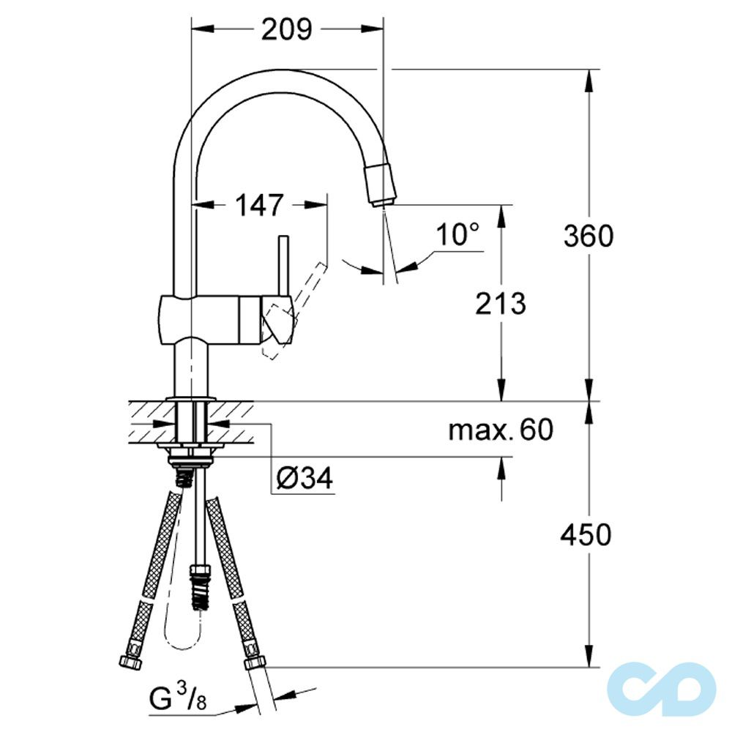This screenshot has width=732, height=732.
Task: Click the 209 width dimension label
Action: [286, 29]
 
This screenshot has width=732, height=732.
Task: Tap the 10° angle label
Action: [457, 235]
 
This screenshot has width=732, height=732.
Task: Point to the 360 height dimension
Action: [588, 236]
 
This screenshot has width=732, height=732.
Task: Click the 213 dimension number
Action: [501, 303]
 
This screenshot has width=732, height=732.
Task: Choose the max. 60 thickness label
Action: [501, 430]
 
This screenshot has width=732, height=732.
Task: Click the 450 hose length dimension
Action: [586, 535]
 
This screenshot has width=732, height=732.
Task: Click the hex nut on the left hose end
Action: [130, 660]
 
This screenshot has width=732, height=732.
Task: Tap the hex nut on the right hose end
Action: [254, 662]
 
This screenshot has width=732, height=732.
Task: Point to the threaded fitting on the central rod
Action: [198, 586]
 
